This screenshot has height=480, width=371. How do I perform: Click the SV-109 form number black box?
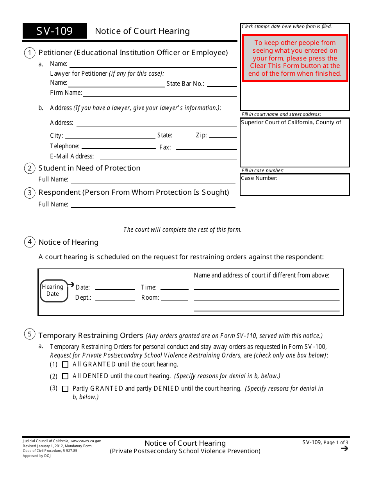[55, 31]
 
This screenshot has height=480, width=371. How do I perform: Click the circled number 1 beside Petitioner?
[30, 53]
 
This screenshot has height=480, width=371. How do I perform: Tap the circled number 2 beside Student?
[30, 168]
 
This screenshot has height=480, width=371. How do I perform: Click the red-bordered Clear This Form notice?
[295, 58]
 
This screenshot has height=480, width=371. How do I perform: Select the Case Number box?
[295, 184]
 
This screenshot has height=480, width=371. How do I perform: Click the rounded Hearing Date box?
[54, 291]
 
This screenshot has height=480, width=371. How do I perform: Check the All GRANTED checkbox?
[65, 364]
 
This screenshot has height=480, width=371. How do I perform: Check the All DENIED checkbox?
[65, 377]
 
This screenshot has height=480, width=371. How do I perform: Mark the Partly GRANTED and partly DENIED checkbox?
[65, 389]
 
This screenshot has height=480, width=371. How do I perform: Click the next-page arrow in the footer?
[344, 448]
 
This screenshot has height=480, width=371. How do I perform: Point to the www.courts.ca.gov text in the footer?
[86, 441]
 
